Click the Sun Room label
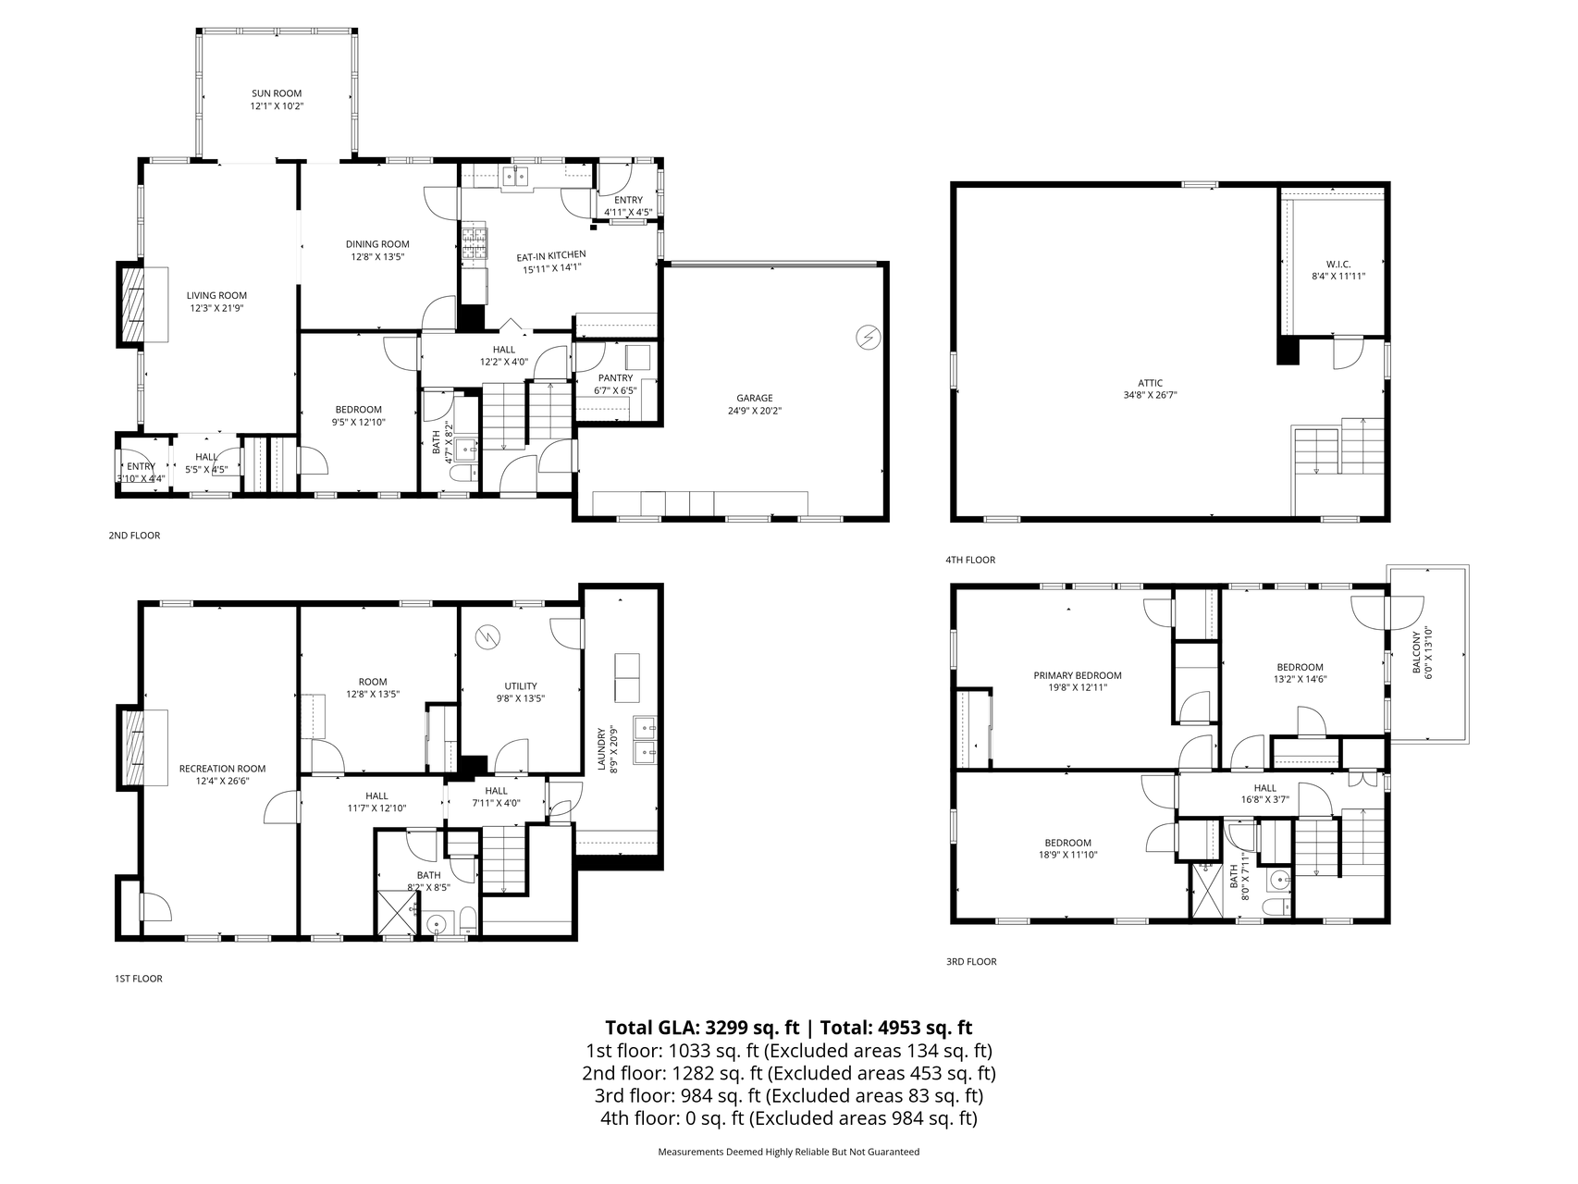point(277,93)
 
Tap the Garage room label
point(755,399)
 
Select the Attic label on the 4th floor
point(1151,383)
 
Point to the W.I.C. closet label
point(1338,264)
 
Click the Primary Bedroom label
point(1078,675)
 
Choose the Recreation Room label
point(222,769)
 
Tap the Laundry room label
point(601,749)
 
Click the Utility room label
point(521,686)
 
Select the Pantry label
point(615,378)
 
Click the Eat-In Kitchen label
point(551,255)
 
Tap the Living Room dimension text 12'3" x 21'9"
point(217,309)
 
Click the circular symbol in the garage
point(868,338)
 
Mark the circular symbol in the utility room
point(487,636)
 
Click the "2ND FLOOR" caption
point(134,536)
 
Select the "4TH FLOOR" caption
point(970,560)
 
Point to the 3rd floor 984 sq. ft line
point(789,1096)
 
